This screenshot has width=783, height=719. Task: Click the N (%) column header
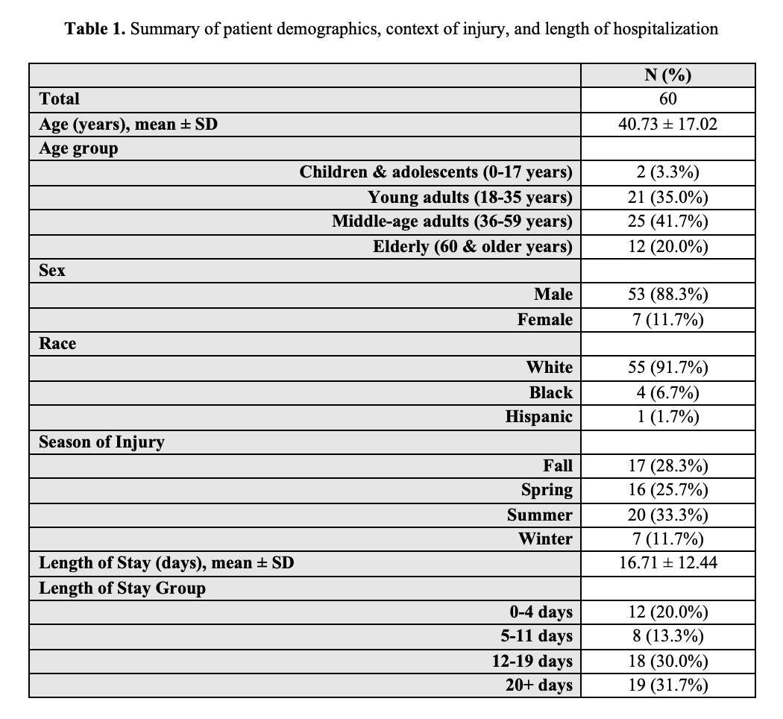point(667,75)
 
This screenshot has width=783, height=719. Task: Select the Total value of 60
point(667,98)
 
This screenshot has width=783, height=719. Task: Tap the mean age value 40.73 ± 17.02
point(667,124)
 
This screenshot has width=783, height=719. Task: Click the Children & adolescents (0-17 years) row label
point(435,172)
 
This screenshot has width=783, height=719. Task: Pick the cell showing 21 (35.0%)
point(667,197)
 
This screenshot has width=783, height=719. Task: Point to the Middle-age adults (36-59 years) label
point(452,222)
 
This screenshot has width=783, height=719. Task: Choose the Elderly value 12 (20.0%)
point(667,246)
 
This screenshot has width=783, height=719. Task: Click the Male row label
point(553,295)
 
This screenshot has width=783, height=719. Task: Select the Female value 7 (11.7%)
point(667,319)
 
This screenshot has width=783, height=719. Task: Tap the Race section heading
point(57,344)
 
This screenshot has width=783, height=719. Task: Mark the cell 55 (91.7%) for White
point(667,368)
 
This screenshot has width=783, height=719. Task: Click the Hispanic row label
point(538,417)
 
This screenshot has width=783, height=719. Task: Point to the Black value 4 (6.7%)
point(667,392)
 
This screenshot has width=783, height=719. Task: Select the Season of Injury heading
point(101,442)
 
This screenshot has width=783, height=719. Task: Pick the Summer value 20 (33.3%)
point(667,515)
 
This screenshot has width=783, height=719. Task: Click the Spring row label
point(547,490)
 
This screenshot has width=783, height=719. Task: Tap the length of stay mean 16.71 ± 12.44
point(667,563)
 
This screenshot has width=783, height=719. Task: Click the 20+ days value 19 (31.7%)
point(667,685)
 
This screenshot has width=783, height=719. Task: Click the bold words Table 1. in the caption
point(95,29)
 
